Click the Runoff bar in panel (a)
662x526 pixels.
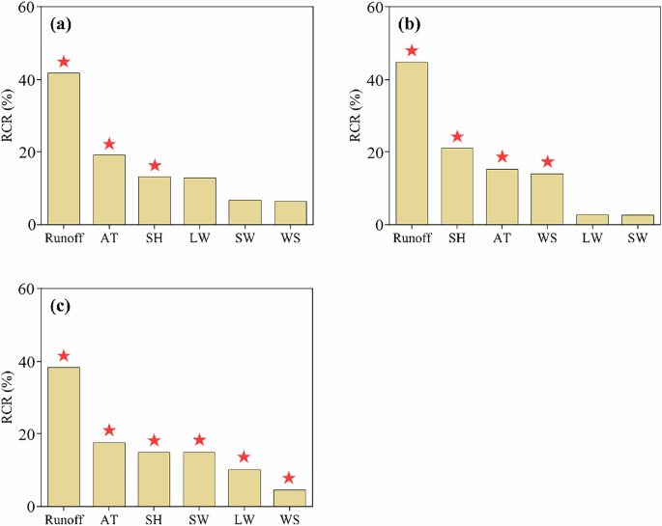pyautogui.click(x=64, y=149)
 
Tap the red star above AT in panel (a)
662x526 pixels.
pyautogui.click(x=109, y=144)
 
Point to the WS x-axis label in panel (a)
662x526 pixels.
pyautogui.click(x=290, y=236)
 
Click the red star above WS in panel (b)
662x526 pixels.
pyautogui.click(x=548, y=162)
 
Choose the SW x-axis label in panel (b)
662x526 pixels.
pyautogui.click(x=638, y=236)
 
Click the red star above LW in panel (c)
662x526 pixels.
pyautogui.click(x=245, y=457)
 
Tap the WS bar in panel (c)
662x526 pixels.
pyautogui.click(x=290, y=497)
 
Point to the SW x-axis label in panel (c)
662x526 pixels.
pyautogui.click(x=200, y=518)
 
